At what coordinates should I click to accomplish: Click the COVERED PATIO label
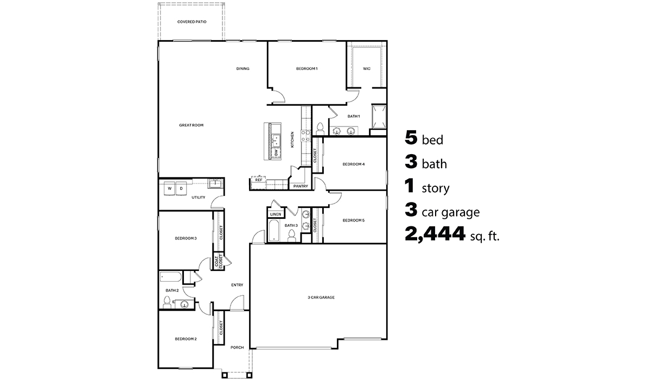tap(192, 22)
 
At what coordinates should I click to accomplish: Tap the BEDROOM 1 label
tap(307, 69)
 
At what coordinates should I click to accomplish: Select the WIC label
tap(367, 69)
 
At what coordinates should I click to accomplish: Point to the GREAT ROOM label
tap(191, 125)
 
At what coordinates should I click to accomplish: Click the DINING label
tap(242, 69)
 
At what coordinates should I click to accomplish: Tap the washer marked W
tap(170, 188)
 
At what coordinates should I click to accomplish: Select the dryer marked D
tap(182, 188)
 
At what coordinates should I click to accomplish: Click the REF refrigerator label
tap(259, 180)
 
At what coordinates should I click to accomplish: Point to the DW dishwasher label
tap(276, 154)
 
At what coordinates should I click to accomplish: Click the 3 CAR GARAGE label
tap(321, 297)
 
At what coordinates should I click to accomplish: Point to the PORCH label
tap(237, 347)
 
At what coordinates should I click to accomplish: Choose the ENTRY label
tap(237, 285)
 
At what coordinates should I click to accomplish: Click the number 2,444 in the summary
tap(435, 234)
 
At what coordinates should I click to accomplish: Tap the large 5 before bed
tap(411, 138)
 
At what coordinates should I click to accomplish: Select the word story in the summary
tap(435, 189)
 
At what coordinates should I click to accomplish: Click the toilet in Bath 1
tap(320, 128)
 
